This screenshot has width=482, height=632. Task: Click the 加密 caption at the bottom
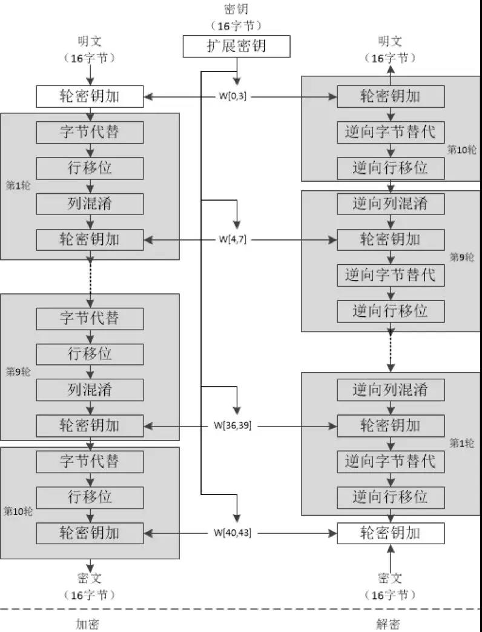point(88,623)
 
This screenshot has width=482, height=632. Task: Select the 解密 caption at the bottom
point(388,623)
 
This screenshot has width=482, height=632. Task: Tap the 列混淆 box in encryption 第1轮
point(90,204)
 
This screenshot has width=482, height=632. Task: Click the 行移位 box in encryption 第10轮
point(90,497)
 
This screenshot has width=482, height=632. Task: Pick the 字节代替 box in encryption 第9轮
point(90,318)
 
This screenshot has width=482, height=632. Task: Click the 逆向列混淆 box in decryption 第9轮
point(391,202)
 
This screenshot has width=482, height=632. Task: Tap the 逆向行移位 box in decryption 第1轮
point(391,497)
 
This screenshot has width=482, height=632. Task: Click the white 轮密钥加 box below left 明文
point(90,96)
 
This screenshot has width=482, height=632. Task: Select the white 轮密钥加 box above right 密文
point(391,533)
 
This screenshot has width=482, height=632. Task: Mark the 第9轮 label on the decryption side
point(462,257)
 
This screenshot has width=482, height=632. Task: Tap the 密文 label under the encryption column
point(90,577)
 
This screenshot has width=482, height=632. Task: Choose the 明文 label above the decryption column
point(391,42)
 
